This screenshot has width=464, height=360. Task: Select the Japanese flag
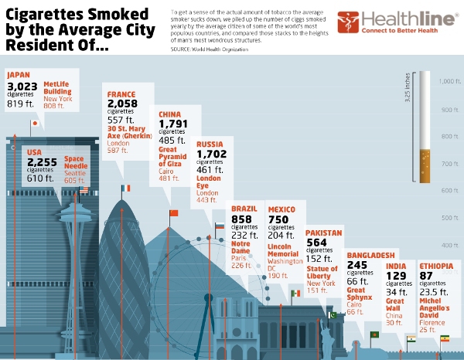pos(34,123)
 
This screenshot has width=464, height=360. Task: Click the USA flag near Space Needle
pos(84,190)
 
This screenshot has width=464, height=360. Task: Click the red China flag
pos(173,213)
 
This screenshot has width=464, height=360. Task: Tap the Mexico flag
pos(295,294)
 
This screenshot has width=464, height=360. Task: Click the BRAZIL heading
pos(245,209)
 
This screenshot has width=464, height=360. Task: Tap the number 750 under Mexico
pos(278,220)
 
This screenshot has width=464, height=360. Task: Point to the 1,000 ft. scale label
pos(449,81)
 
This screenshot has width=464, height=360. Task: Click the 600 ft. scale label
pos(449,190)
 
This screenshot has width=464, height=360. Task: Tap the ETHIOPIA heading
pos(436,267)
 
